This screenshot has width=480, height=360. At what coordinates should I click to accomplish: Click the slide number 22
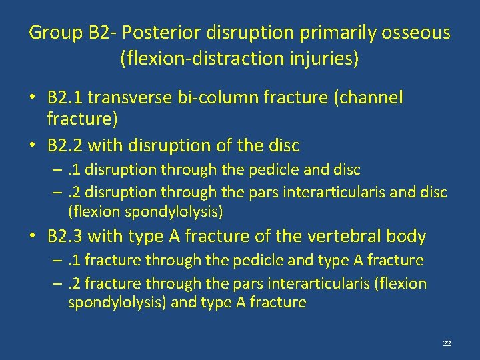coord(447,343)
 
